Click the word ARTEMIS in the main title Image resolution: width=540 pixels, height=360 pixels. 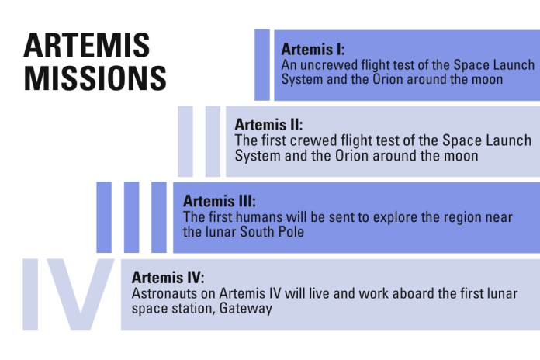coord(87,46)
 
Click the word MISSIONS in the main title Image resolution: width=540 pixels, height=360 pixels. coord(95,78)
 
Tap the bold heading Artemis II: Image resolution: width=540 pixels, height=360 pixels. coord(268,124)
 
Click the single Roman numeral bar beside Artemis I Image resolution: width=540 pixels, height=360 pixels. coord(262,65)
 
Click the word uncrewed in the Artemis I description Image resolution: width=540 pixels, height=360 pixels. coord(326,64)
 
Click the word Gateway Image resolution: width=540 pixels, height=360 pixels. coord(247,308)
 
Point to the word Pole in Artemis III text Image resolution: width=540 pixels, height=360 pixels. coord(288,232)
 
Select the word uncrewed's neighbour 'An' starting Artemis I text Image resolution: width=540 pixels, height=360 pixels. coord(289,64)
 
